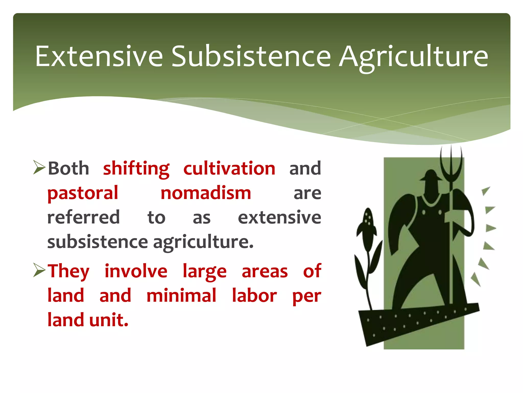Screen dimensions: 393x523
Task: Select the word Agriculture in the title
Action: [413, 58]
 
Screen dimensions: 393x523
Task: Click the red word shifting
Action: [136, 169]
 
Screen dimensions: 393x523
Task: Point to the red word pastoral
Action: [83, 193]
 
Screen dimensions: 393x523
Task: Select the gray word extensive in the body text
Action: [279, 217]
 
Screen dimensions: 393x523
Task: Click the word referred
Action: [84, 217]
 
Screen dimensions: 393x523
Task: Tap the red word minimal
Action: [181, 296]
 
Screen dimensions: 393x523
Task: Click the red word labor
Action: [254, 296]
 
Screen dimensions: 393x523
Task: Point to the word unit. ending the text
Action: [109, 320]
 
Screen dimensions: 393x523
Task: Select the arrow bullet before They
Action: [39, 271]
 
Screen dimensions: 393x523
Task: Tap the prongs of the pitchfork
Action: [451, 164]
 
